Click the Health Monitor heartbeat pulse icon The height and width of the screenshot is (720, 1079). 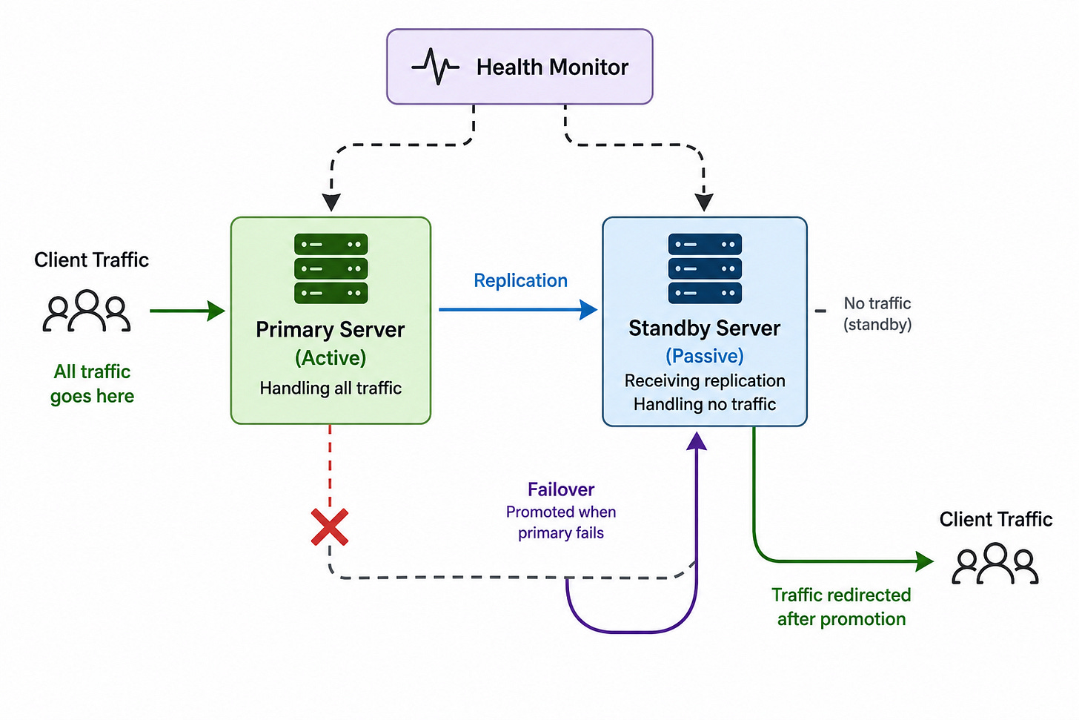click(435, 67)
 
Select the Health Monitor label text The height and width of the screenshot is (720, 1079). click(552, 67)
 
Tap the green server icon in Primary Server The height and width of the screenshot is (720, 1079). click(331, 268)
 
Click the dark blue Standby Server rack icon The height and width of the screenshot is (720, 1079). click(705, 268)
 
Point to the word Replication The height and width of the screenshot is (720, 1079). click(520, 280)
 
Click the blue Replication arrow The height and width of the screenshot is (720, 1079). click(518, 309)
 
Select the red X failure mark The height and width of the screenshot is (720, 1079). click(330, 526)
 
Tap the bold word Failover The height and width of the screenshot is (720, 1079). click(561, 489)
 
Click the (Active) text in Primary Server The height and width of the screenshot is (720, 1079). click(331, 358)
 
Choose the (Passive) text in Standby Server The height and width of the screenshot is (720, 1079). click(705, 356)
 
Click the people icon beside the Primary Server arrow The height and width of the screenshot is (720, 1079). click(87, 311)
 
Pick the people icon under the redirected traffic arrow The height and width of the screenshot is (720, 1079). click(995, 564)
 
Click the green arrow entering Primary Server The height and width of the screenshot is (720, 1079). click(187, 311)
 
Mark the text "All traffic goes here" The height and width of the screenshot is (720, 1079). click(92, 383)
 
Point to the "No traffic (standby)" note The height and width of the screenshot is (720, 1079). click(877, 314)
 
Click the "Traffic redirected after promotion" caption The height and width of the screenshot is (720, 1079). click(841, 607)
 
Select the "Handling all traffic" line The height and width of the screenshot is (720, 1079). click(331, 388)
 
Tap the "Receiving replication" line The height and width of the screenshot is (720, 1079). click(705, 380)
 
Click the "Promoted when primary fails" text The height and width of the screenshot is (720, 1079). click(561, 522)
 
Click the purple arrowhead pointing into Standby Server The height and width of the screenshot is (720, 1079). click(697, 440)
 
